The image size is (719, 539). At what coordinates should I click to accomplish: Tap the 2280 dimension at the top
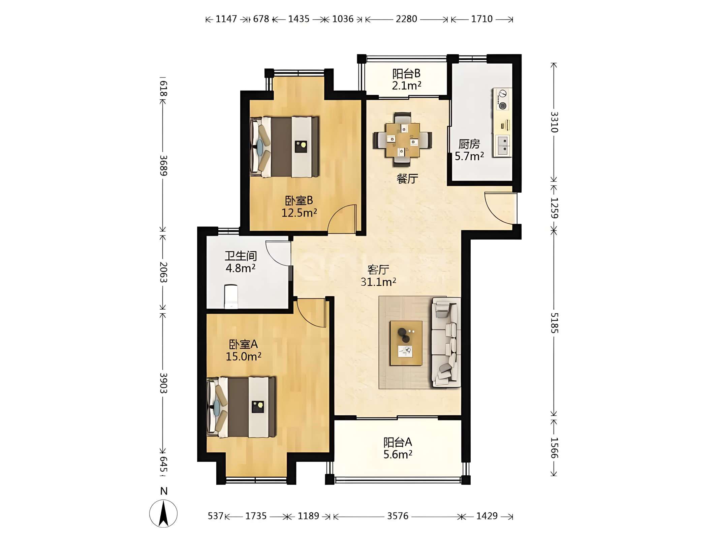406,19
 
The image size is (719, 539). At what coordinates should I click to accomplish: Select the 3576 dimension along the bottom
398,516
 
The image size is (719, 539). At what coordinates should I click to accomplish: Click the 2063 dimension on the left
163,272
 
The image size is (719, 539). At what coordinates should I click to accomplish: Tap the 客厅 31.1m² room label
378,276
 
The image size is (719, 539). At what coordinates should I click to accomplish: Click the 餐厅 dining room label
407,179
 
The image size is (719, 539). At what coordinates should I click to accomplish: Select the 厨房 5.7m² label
469,150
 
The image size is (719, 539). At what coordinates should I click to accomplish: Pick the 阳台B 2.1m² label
406,80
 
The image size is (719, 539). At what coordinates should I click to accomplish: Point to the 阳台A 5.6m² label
398,448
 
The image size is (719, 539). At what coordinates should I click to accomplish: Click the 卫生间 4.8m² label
241,262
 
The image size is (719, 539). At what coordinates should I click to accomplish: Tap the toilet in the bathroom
231,296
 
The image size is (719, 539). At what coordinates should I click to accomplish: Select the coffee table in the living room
406,343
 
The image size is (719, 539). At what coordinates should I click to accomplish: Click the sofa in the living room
446,342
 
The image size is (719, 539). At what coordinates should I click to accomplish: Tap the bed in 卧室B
284,147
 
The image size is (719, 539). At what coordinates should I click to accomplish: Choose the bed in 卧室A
241,407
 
